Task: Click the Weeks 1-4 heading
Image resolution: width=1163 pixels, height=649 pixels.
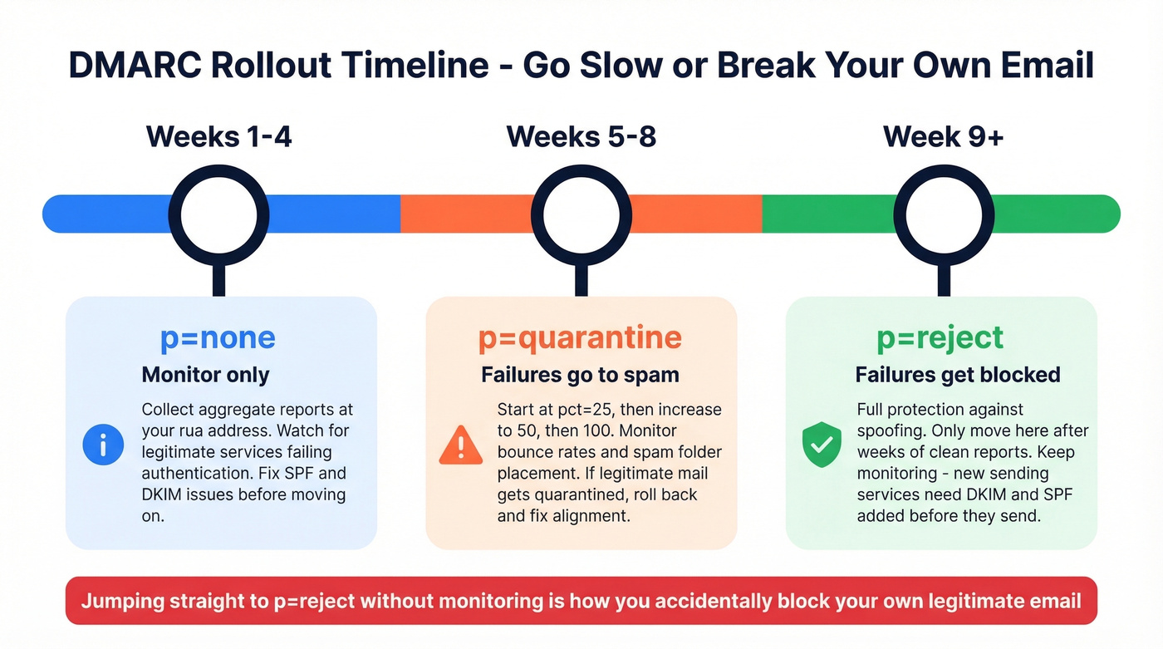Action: pyautogui.click(x=218, y=136)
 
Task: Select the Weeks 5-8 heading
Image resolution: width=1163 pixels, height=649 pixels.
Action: pyautogui.click(x=581, y=136)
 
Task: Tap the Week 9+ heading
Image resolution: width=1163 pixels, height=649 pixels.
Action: pyautogui.click(x=944, y=136)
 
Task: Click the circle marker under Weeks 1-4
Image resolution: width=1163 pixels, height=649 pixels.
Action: pyautogui.click(x=218, y=214)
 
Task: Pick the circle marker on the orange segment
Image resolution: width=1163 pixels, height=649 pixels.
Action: pyautogui.click(x=581, y=214)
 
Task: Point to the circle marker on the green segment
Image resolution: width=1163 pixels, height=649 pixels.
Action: pyautogui.click(x=944, y=214)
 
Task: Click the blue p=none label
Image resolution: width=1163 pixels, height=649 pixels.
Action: pyautogui.click(x=218, y=338)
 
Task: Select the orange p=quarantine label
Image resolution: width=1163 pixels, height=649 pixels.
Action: pyautogui.click(x=580, y=338)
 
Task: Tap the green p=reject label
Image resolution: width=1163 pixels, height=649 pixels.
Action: pyautogui.click(x=940, y=338)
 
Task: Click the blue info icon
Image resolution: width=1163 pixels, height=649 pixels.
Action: pyautogui.click(x=103, y=445)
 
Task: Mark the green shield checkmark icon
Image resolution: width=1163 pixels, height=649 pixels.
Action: pyautogui.click(x=821, y=445)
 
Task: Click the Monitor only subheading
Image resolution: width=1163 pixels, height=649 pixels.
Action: pyautogui.click(x=206, y=375)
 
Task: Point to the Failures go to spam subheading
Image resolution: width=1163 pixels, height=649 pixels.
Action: pyautogui.click(x=580, y=375)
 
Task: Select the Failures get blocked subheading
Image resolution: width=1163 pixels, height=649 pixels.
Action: pyautogui.click(x=958, y=375)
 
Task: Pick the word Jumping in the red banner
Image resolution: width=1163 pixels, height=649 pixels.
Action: pyautogui.click(x=120, y=600)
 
